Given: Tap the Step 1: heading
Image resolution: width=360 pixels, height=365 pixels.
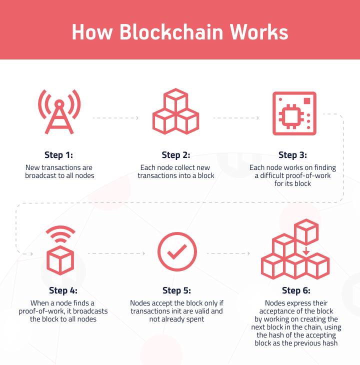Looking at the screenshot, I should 58,155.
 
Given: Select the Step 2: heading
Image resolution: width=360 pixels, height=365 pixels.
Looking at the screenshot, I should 176,155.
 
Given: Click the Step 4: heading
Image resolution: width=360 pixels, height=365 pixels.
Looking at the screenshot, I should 63,290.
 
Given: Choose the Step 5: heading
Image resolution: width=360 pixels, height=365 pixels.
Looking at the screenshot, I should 176,290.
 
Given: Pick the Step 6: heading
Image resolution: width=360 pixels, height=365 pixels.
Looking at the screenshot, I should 295,290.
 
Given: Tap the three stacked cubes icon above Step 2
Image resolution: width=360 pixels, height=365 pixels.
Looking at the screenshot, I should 175,112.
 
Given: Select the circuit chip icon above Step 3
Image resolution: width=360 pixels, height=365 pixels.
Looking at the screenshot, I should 294,113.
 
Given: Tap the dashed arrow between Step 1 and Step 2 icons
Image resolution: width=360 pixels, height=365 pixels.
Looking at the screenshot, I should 116,118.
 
